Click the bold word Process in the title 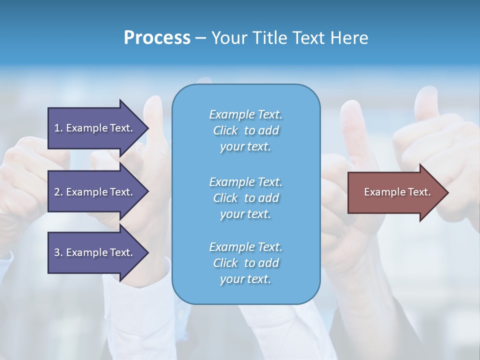point(157,38)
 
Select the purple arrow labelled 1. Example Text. point(95,128)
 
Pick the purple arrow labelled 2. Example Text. point(95,192)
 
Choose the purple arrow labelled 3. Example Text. point(95,252)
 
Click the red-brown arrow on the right point(395,192)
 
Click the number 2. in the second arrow point(58,192)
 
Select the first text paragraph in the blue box point(245,130)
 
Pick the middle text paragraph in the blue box point(245,198)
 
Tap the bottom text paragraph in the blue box point(245,263)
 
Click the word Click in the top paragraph point(225,130)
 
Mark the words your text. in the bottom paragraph point(245,279)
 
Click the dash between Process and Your point(201,38)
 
